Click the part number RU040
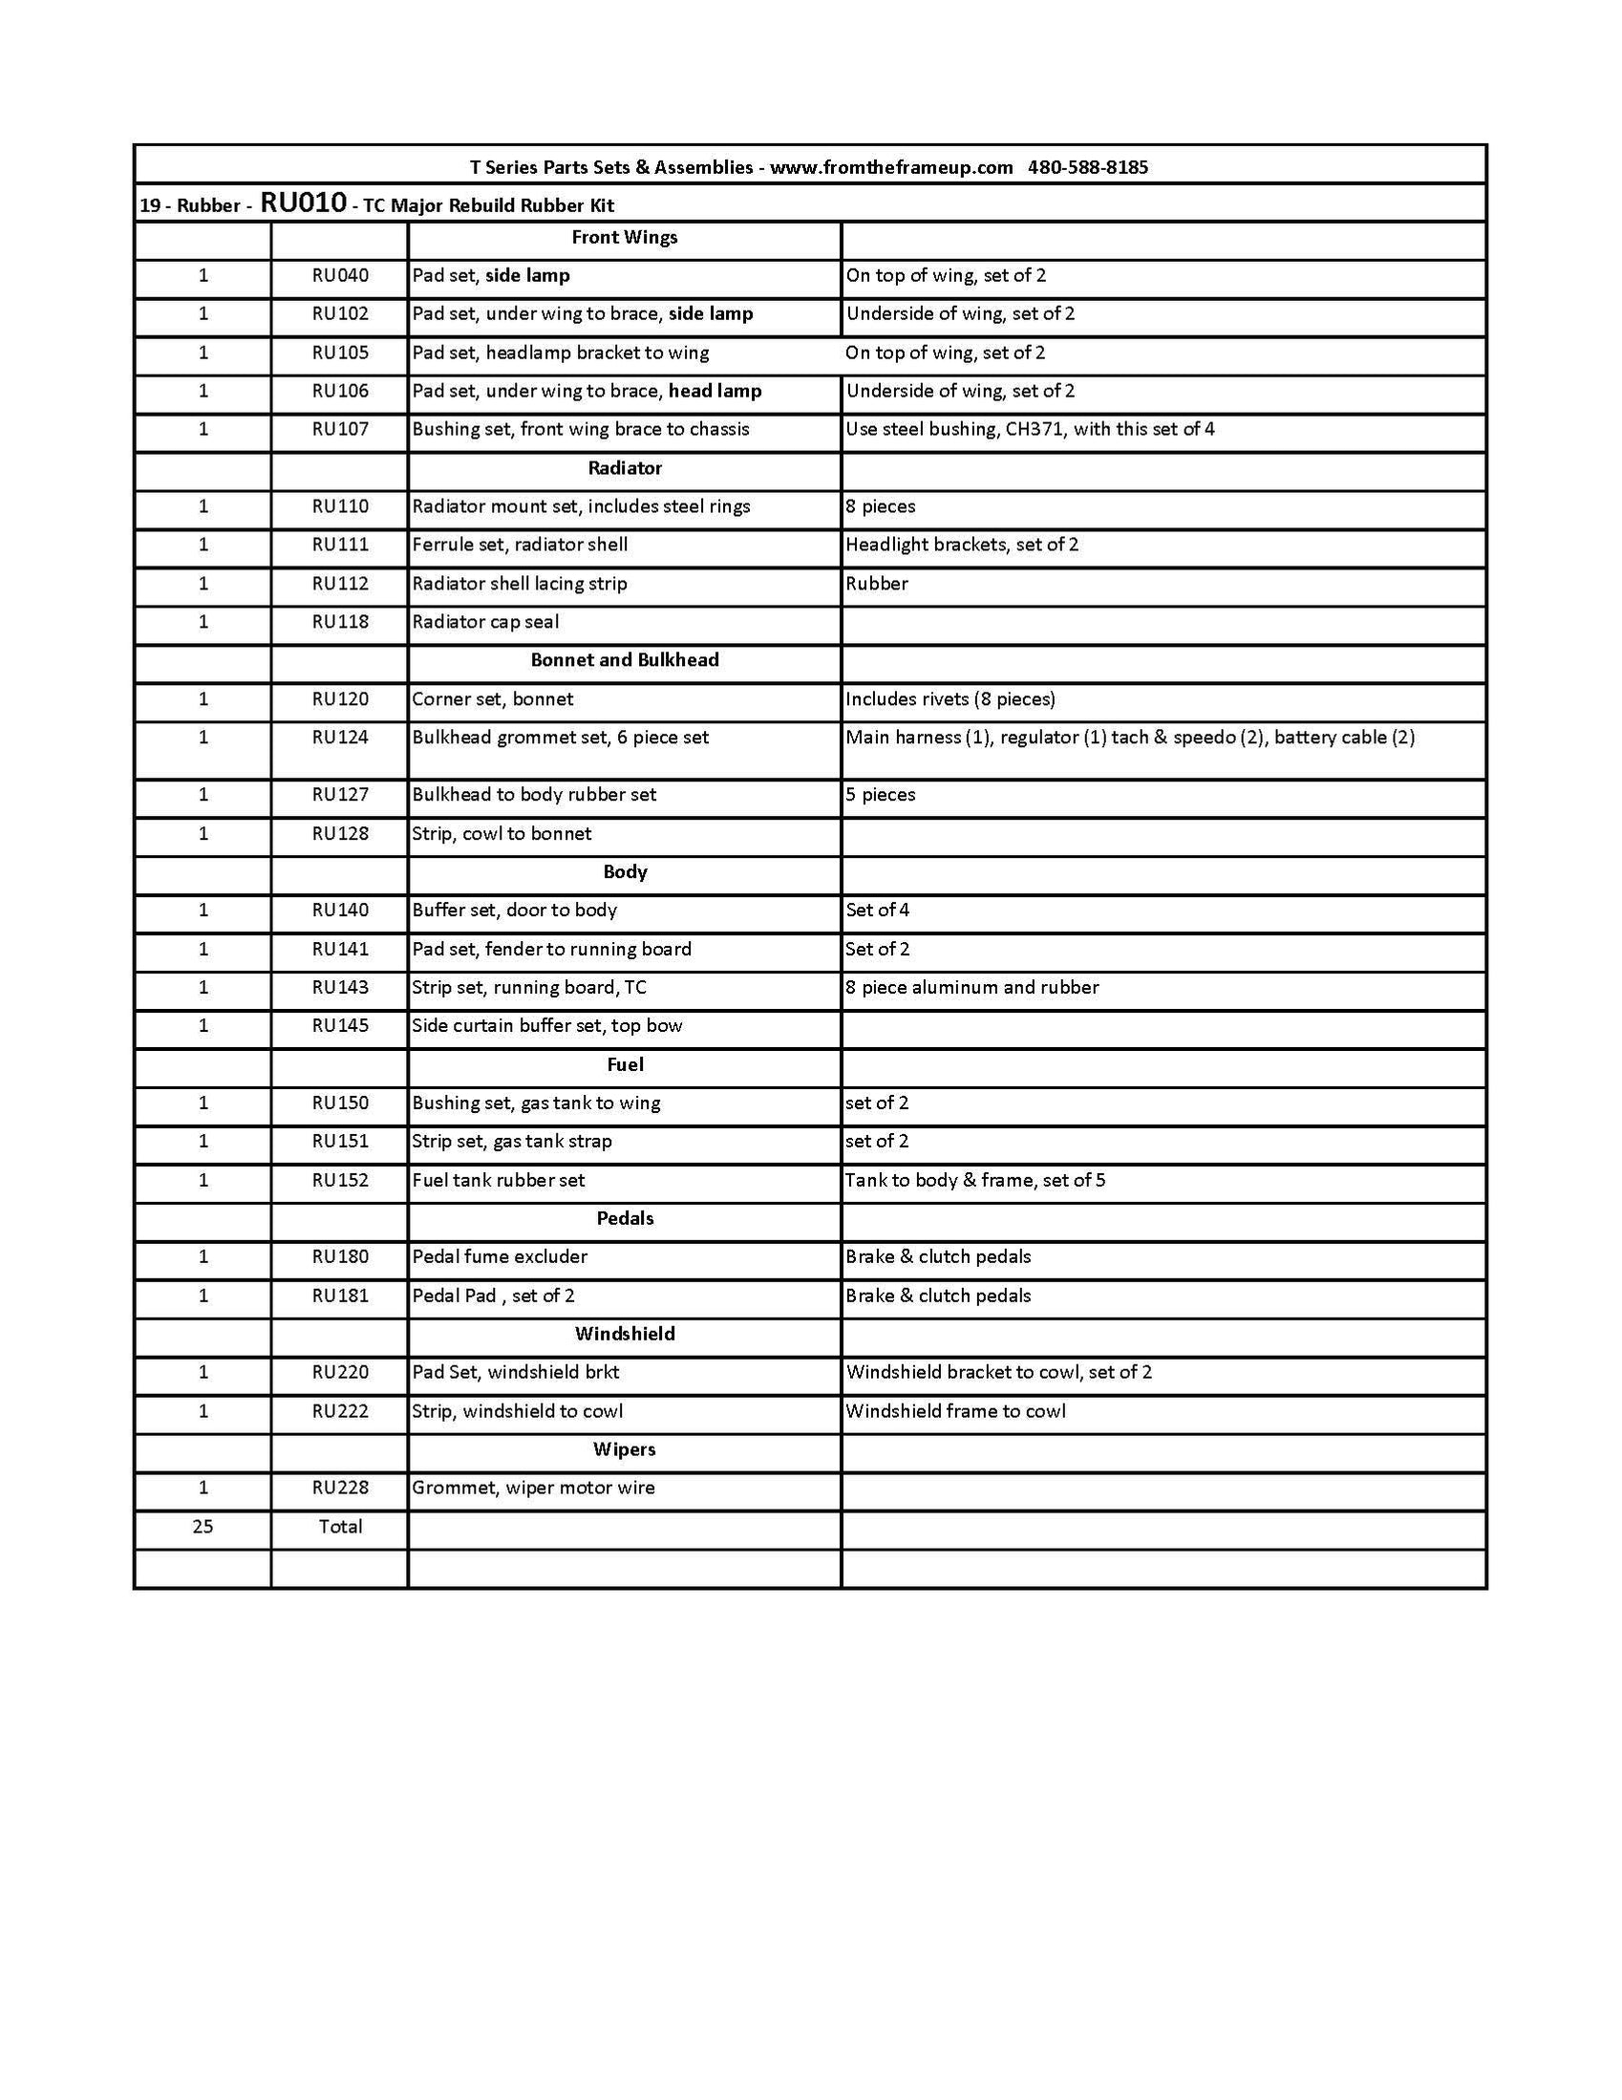339,276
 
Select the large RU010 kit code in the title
303,203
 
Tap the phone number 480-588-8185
1087,167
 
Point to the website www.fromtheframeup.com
891,167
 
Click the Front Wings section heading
624,238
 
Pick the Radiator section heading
625,468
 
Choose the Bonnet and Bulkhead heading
624,660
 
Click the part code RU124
339,738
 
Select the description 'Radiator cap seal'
485,622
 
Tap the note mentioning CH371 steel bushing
1030,430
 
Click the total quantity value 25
203,1526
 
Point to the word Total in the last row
340,1526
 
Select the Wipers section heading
624,1449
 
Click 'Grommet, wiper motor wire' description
534,1488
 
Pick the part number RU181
339,1296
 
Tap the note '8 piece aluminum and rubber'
972,988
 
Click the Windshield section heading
625,1334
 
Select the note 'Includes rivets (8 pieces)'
950,699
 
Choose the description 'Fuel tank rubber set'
498,1180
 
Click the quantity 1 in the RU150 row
203,1103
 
